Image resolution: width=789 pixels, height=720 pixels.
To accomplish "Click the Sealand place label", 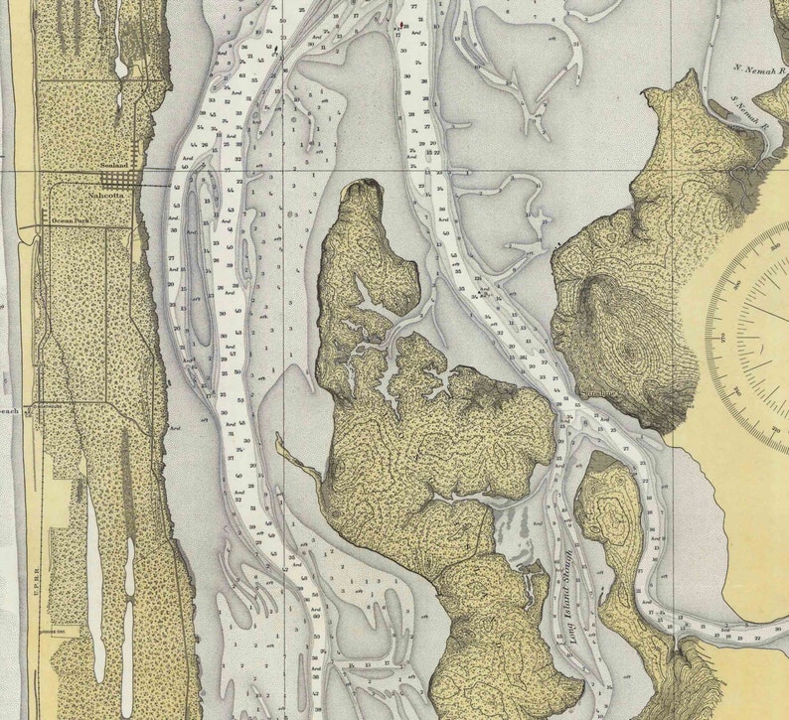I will [116, 166].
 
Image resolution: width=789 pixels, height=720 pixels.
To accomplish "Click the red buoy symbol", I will [400, 24].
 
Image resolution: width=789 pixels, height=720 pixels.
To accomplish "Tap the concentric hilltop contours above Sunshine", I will [628, 354].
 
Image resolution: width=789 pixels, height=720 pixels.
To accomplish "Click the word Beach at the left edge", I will [8, 410].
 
